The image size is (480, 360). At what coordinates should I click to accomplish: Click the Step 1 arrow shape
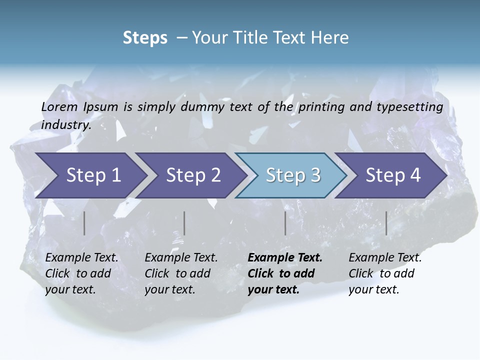pyautogui.click(x=90, y=175)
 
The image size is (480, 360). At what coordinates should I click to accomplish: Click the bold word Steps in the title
pyautogui.click(x=145, y=38)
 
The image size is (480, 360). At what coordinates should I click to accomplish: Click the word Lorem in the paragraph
pyautogui.click(x=59, y=106)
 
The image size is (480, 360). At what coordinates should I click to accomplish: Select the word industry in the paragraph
pyautogui.click(x=66, y=125)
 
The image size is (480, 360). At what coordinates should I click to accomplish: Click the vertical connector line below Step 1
pyautogui.click(x=84, y=223)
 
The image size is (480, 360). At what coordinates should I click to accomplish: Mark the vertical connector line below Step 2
pyautogui.click(x=184, y=223)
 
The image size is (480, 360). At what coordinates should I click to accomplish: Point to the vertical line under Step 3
pyautogui.click(x=285, y=223)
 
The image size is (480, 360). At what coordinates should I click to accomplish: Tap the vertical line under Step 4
pyautogui.click(x=386, y=223)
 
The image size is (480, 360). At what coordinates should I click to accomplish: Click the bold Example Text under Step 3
pyautogui.click(x=285, y=258)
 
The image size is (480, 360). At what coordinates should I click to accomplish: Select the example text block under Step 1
pyautogui.click(x=81, y=273)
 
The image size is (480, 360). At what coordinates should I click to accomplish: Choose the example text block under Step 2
pyautogui.click(x=181, y=273)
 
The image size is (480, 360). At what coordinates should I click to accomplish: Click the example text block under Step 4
pyautogui.click(x=385, y=273)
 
